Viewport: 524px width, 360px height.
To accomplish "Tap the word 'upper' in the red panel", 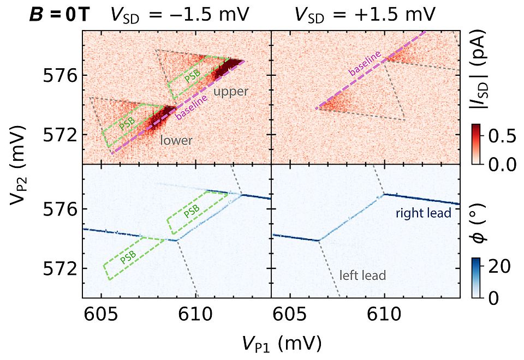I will click(230, 92).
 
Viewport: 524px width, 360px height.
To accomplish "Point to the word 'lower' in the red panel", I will click(176, 141).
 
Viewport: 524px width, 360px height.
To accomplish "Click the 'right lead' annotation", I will click(424, 213).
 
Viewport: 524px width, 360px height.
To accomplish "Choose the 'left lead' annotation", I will click(362, 275).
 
